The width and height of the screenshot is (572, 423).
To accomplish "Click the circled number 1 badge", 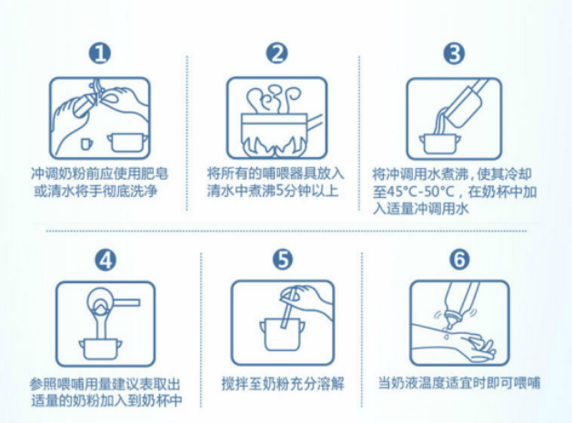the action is click(100, 54).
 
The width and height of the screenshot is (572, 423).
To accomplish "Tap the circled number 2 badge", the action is click(276, 54).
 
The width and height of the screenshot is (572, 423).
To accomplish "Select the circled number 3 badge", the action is click(454, 54).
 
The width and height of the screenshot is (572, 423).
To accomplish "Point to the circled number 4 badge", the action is click(105, 260).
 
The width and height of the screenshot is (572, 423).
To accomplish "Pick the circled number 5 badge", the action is click(283, 260).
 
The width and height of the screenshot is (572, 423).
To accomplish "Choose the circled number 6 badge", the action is click(459, 260).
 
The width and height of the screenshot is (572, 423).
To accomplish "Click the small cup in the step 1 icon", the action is click(86, 143).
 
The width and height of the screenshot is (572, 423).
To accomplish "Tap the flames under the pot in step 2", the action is click(275, 145).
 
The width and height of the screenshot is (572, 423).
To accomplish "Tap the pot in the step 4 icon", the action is click(101, 349).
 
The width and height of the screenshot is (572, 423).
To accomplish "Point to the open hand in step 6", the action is click(474, 348).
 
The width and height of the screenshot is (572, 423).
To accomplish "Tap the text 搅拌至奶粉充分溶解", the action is click(283, 383).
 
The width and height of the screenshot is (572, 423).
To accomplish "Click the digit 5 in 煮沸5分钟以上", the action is click(279, 191).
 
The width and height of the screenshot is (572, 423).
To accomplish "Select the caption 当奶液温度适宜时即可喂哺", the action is click(459, 383).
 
